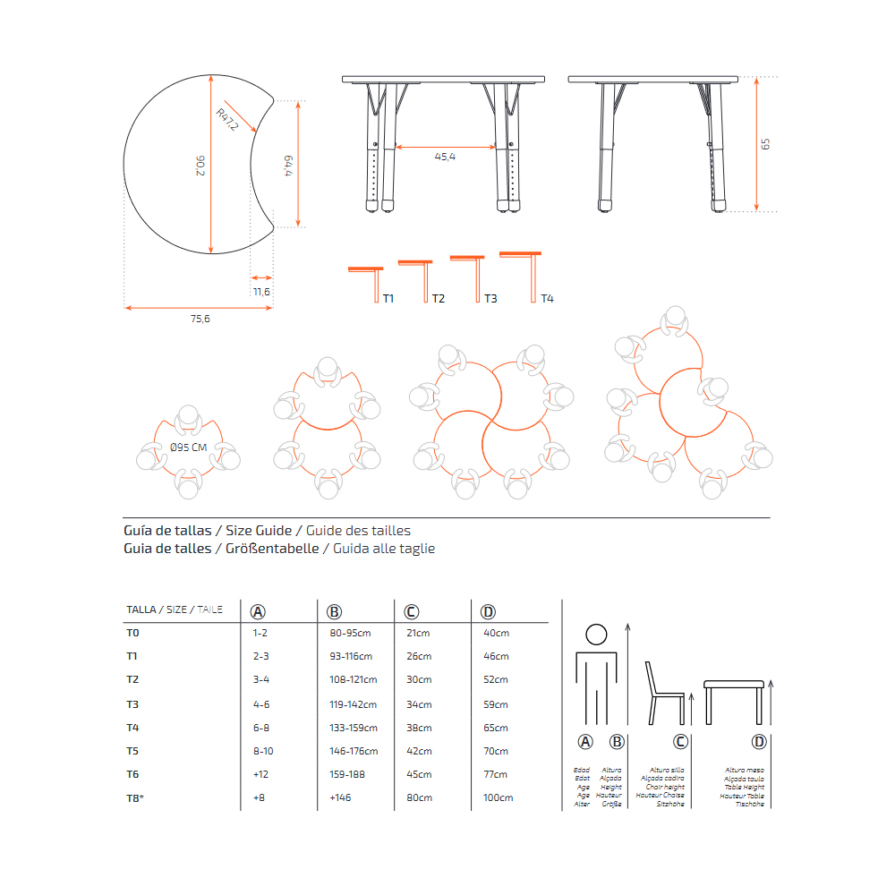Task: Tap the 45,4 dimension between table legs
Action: click(445, 158)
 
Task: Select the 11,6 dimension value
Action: click(261, 292)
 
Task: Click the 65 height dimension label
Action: click(765, 143)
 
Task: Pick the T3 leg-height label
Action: click(490, 299)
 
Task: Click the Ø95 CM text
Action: click(188, 447)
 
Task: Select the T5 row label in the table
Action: click(133, 751)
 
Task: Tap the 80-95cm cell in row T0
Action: click(350, 634)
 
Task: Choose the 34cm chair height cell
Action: click(418, 704)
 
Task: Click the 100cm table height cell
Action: click(499, 797)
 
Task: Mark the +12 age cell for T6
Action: click(261, 774)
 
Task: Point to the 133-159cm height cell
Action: click(354, 728)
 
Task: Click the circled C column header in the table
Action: click(411, 612)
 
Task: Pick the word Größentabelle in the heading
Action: click(272, 549)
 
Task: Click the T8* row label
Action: click(135, 797)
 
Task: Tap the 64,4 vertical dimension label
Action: click(288, 167)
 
